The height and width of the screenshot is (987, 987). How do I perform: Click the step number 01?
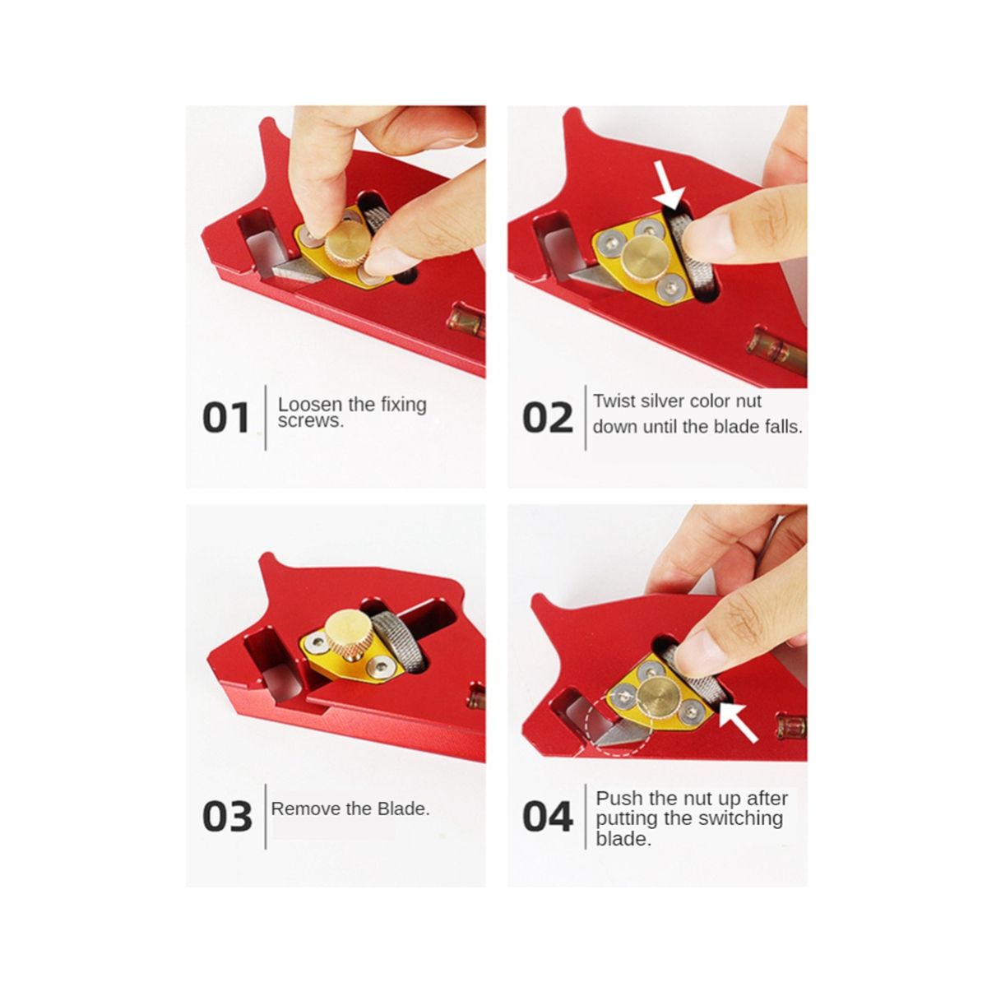click(226, 418)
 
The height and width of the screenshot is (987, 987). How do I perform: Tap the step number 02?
click(548, 418)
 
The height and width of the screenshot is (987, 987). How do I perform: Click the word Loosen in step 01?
click(310, 404)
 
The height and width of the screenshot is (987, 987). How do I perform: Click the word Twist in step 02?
click(614, 401)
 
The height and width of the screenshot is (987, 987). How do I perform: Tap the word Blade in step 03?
click(403, 809)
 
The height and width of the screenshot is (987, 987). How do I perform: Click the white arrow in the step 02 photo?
click(669, 187)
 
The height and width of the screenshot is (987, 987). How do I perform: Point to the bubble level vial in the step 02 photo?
click(777, 351)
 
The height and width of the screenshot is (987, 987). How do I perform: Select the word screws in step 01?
click(310, 421)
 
